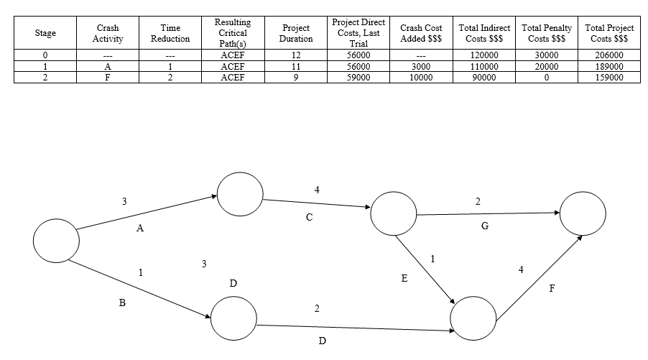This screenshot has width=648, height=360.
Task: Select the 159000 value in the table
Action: (x=610, y=77)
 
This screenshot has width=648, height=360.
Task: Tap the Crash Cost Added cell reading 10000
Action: (x=420, y=77)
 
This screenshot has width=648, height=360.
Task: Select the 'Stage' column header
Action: (x=45, y=33)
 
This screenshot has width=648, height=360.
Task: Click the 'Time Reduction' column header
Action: (x=170, y=33)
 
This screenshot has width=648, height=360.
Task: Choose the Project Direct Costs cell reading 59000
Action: (x=357, y=77)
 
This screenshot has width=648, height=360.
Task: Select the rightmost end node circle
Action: (x=583, y=213)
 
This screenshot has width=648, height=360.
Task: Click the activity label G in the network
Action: (x=485, y=226)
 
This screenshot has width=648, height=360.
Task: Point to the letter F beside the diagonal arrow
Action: (x=552, y=289)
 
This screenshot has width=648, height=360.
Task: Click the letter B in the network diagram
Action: (x=122, y=304)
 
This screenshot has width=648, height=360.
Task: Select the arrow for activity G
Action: (x=489, y=213)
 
